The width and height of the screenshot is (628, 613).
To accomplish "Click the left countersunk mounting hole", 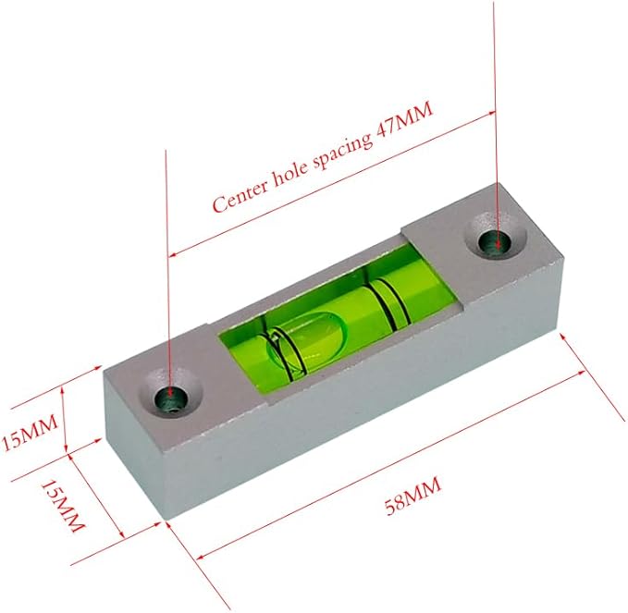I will [168, 398].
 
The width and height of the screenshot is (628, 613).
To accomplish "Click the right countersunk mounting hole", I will [499, 242].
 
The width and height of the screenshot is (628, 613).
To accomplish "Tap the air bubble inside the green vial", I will [311, 338].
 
